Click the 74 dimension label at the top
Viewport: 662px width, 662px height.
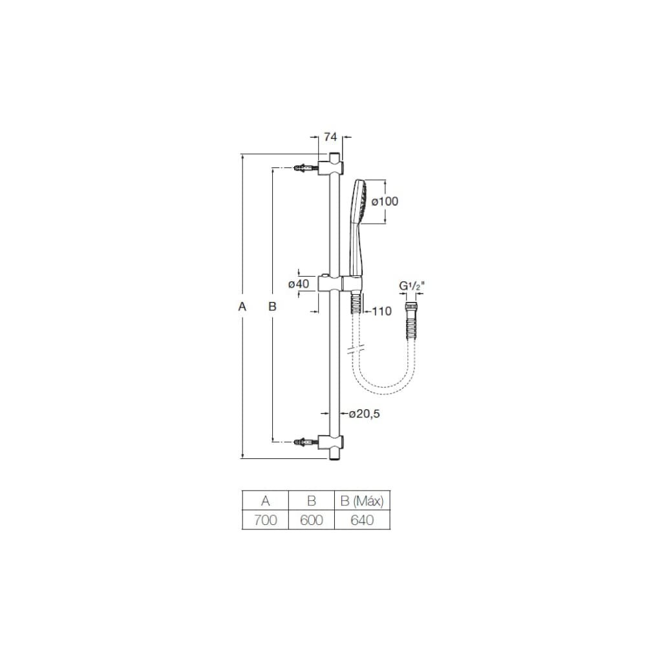coord(330,137)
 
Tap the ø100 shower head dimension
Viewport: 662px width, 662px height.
coord(385,202)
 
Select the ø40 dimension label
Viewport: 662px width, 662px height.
coord(299,284)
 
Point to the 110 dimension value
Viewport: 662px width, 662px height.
coord(382,312)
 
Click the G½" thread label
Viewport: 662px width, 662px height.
coord(412,286)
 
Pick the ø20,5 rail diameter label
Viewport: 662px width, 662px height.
coord(365,414)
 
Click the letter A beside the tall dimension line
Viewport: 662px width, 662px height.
coord(242,306)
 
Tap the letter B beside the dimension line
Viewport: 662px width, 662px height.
coord(272,306)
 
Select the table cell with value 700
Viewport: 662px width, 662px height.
coord(265,520)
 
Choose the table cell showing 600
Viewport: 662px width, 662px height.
coord(311,520)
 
